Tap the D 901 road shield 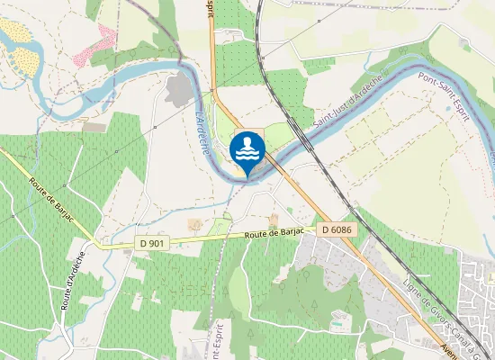[x=153, y=243]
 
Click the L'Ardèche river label [x=202, y=131]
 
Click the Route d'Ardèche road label [x=73, y=281]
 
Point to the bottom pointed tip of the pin [x=247, y=176]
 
